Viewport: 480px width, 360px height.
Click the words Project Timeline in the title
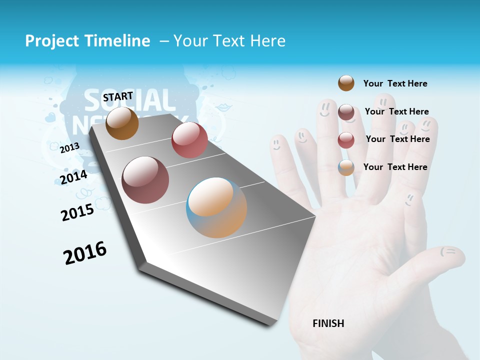(87, 41)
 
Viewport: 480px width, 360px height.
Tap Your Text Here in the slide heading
(229, 41)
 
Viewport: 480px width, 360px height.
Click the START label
(118, 96)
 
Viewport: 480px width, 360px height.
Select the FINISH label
(328, 323)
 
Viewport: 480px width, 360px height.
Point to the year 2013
(69, 148)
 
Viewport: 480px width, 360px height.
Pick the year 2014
(73, 177)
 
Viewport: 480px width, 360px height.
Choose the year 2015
(77, 212)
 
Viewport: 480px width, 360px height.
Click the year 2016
(85, 252)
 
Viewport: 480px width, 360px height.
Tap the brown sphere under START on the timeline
(122, 123)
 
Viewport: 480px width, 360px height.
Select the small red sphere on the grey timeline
(189, 140)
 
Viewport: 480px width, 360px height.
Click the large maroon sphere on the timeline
(145, 180)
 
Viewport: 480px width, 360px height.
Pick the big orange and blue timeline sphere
(216, 207)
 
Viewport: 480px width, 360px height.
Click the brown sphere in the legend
(346, 83)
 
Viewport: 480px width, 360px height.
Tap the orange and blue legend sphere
(346, 167)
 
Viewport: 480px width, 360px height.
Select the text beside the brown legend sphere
(395, 83)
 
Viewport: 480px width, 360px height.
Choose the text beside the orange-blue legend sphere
(395, 167)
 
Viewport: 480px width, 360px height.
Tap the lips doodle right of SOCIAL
(223, 107)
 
